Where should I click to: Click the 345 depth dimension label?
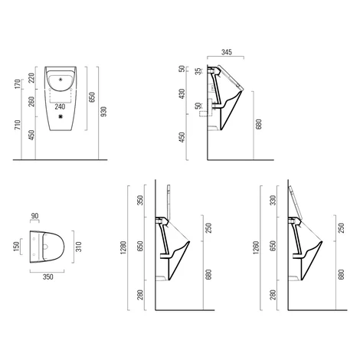pos(227,52)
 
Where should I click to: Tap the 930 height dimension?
pos(104,112)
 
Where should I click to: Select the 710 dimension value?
pos(18,125)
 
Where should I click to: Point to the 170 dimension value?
pos(18,84)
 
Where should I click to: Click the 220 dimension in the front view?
pos(31,78)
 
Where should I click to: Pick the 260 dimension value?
pos(31,101)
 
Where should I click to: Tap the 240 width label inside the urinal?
pos(60,106)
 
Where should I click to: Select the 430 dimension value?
pos(182,94)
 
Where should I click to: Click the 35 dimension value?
pos(198,71)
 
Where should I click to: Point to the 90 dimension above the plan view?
pos(34,216)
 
